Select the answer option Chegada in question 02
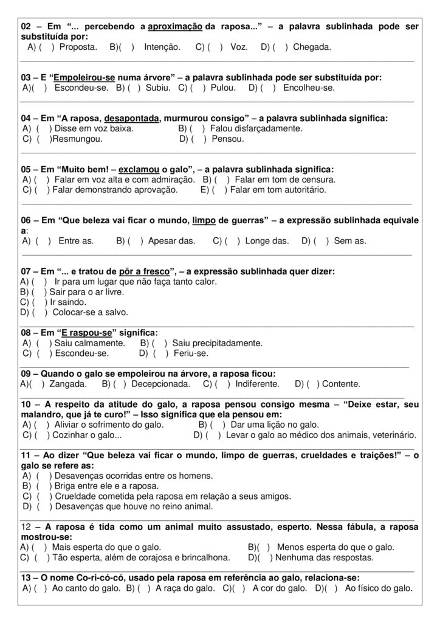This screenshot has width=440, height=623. (x=312, y=47)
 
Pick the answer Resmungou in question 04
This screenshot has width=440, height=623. (x=78, y=139)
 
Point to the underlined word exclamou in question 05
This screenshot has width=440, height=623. (x=139, y=169)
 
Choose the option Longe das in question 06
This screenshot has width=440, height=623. (x=267, y=241)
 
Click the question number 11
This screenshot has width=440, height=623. (x=26, y=455)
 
